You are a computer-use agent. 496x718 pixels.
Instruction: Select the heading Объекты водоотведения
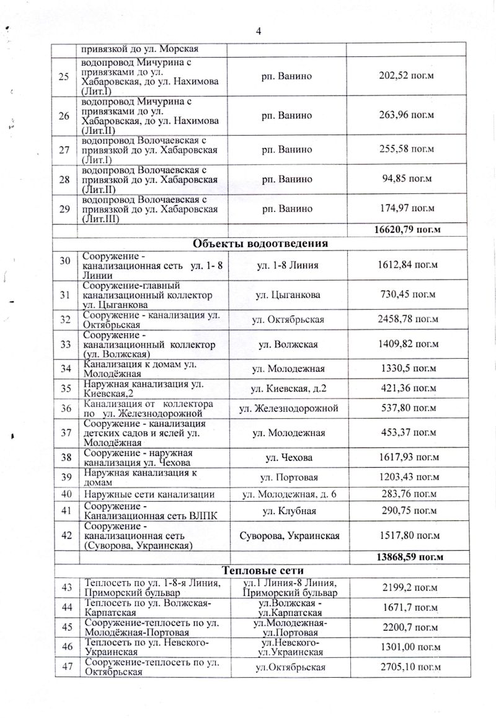(x=260, y=243)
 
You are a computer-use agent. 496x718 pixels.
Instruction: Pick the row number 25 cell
(x=64, y=76)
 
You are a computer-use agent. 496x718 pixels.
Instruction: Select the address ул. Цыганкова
(x=288, y=296)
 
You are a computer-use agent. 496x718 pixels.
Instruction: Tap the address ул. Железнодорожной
(x=288, y=409)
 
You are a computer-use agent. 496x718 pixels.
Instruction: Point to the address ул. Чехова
(x=288, y=458)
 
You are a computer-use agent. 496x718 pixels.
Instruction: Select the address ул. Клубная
(x=288, y=511)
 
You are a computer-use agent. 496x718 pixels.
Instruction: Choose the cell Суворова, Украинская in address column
(x=288, y=535)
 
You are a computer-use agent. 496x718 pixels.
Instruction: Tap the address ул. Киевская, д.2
(x=288, y=389)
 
